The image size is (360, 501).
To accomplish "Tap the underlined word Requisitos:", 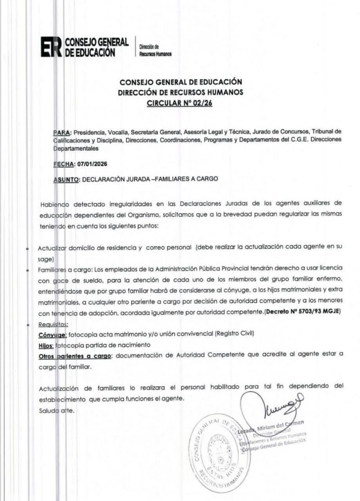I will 53,324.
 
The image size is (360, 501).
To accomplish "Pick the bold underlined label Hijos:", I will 45,346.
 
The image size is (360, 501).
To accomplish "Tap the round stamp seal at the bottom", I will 218,452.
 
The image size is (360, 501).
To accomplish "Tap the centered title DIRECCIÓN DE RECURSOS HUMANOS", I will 180,93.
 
